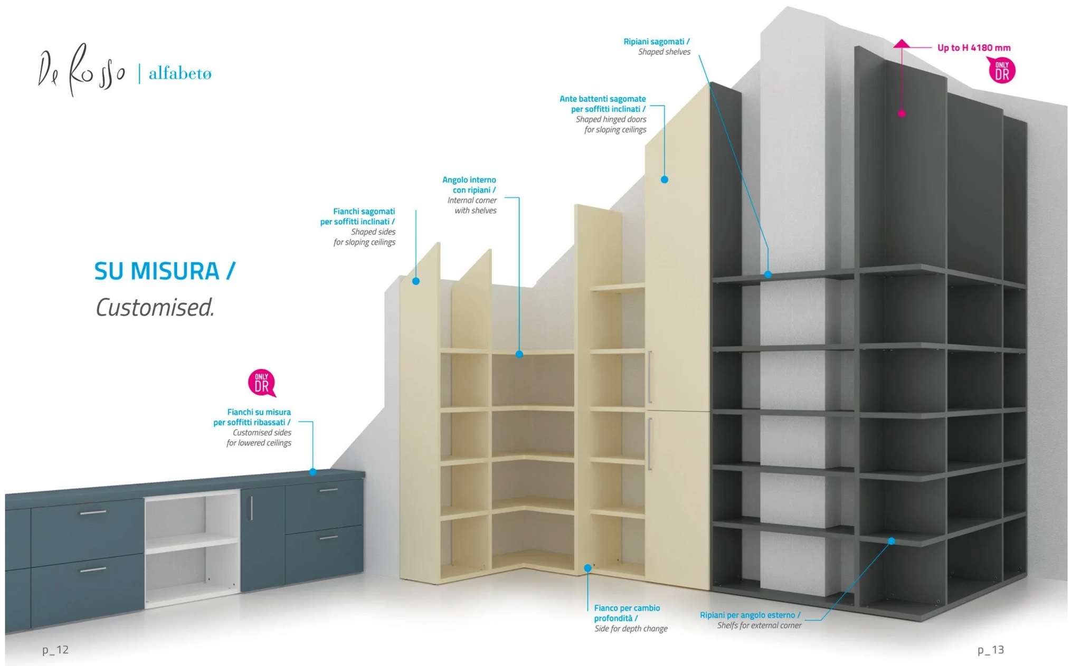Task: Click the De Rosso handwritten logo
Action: point(82,71)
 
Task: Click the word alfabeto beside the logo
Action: point(180,74)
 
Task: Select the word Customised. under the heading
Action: point(155,307)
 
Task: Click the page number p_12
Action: point(55,649)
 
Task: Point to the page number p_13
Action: point(990,649)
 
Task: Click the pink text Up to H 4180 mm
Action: point(974,47)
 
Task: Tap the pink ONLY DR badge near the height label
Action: point(1001,71)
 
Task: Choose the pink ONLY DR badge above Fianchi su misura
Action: point(262,383)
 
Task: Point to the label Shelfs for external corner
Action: point(751,620)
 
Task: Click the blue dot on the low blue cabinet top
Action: point(313,472)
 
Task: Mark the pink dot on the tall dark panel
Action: point(902,113)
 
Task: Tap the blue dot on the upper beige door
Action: point(665,179)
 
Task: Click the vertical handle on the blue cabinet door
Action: point(252,508)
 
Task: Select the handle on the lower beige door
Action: point(650,443)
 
